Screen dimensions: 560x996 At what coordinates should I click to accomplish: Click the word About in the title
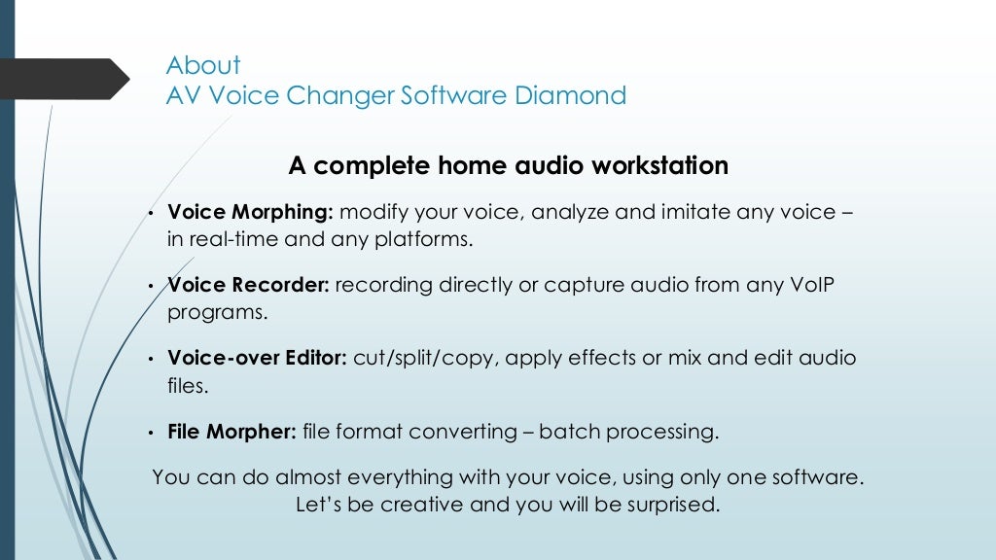click(x=203, y=66)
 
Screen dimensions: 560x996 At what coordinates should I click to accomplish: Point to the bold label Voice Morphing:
click(x=251, y=213)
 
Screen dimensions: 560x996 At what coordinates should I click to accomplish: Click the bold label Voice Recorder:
click(x=249, y=286)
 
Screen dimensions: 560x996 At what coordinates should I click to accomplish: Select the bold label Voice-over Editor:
click(x=257, y=359)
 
